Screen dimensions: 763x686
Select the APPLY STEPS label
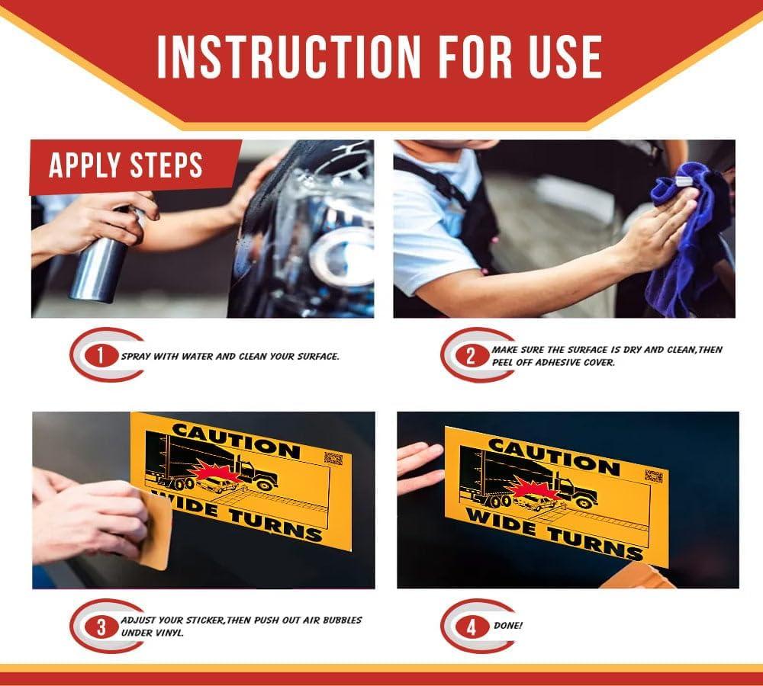coord(126,165)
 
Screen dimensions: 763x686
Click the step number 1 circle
coord(101,356)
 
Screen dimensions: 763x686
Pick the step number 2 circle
coord(471,356)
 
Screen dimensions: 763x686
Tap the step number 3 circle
coord(101,627)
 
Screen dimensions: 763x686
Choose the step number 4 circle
coord(471,627)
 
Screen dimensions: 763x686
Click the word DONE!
coord(508,626)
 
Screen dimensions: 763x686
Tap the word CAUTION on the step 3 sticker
coord(236,440)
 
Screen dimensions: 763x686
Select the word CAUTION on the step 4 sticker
coord(554,457)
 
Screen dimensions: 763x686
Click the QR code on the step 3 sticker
coord(333,458)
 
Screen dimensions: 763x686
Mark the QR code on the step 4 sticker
coord(654,476)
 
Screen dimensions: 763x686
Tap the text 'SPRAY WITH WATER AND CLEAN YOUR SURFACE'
coord(230,357)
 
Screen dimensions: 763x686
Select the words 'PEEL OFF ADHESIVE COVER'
coord(553,362)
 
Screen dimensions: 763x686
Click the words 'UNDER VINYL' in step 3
coord(153,633)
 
